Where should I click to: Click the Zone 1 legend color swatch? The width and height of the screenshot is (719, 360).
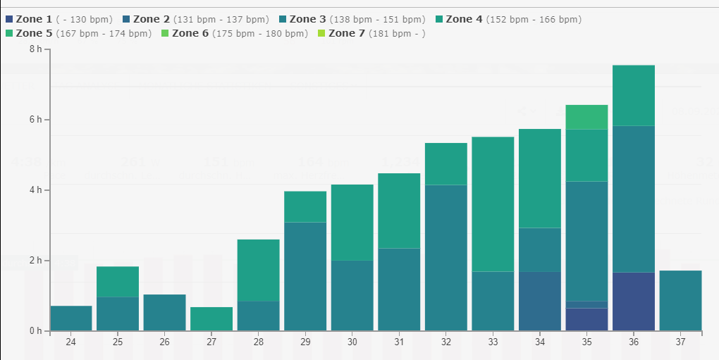click(x=9, y=20)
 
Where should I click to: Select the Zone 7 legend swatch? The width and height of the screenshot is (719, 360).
click(x=322, y=33)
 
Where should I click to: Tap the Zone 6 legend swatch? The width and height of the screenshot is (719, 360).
click(x=166, y=33)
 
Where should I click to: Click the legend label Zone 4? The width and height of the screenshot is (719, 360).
click(x=464, y=20)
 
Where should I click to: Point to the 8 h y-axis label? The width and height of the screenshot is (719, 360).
click(x=35, y=49)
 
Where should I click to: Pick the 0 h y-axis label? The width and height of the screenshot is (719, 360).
click(x=35, y=331)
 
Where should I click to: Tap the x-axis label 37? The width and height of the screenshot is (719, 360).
click(x=680, y=342)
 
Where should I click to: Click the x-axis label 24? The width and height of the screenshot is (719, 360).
click(x=70, y=342)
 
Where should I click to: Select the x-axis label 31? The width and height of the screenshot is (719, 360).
click(x=399, y=342)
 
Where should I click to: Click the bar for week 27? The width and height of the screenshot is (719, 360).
click(x=211, y=319)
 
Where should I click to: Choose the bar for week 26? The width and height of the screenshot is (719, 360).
click(x=164, y=313)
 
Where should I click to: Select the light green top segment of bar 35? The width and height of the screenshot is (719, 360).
click(x=586, y=117)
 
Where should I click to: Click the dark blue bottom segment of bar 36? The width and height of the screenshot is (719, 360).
click(x=633, y=302)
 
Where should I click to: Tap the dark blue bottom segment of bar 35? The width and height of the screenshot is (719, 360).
click(x=586, y=319)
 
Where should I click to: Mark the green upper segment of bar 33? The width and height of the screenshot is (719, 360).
click(x=493, y=204)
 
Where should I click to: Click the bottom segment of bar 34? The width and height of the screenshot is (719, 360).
click(x=539, y=302)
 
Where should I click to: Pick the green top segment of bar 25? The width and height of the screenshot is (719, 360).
click(x=118, y=282)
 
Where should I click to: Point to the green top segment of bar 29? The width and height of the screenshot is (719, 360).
click(x=305, y=206)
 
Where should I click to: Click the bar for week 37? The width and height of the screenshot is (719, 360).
click(x=680, y=301)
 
